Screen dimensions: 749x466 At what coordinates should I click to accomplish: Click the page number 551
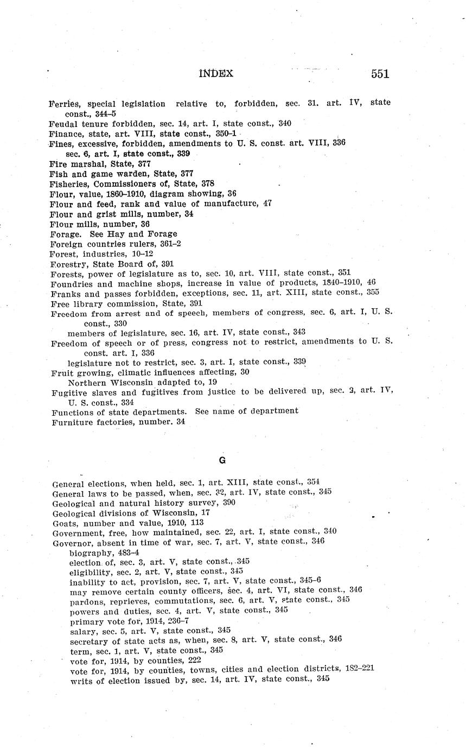pyautogui.click(x=380, y=74)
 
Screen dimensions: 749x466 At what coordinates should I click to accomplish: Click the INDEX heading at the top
pyautogui.click(x=216, y=73)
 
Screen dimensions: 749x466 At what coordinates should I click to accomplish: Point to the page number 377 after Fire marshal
pyautogui.click(x=144, y=163)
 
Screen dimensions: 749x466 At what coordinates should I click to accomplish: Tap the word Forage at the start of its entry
pyautogui.click(x=64, y=234)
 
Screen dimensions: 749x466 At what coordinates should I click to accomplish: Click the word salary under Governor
pyautogui.click(x=84, y=630)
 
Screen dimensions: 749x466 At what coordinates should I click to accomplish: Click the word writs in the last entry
pyautogui.click(x=81, y=678)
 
